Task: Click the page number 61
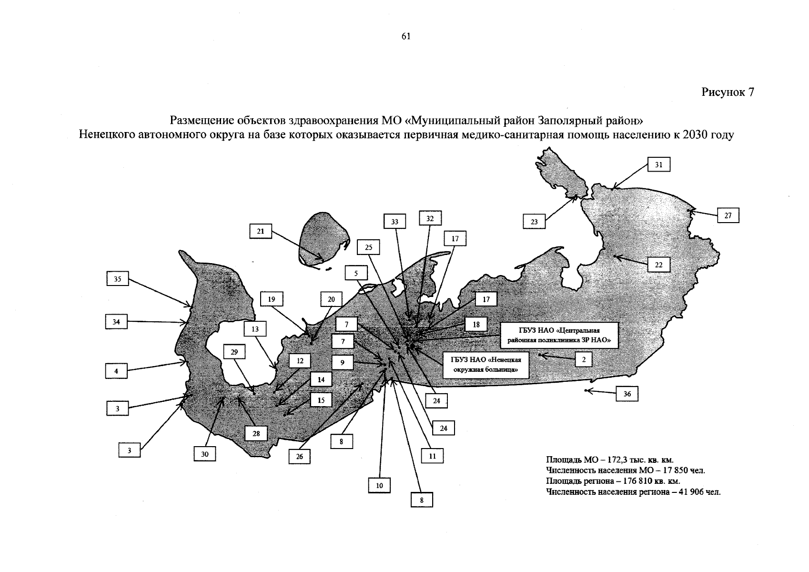click(406, 36)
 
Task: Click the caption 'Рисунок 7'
click(728, 92)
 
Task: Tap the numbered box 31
click(659, 164)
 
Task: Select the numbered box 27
click(728, 215)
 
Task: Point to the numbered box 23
click(534, 222)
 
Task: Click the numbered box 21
click(261, 231)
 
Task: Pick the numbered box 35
click(117, 278)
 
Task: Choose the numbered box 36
click(627, 394)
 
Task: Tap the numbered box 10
click(379, 485)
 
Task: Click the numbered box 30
click(204, 454)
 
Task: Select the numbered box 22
click(659, 265)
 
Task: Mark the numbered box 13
click(255, 329)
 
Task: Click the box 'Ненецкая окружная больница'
click(486, 365)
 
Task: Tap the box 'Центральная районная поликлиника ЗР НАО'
click(559, 335)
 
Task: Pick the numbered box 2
click(584, 359)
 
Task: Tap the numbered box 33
click(394, 222)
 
